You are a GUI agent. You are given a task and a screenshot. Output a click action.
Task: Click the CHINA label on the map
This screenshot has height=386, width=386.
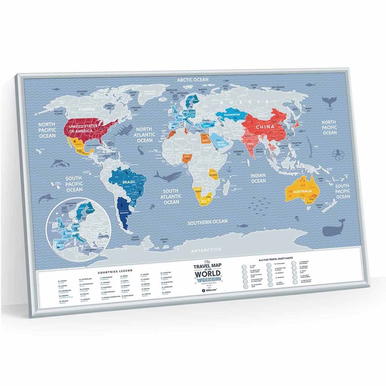(265, 127)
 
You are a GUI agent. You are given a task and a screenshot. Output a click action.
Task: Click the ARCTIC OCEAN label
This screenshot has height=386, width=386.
(193, 80)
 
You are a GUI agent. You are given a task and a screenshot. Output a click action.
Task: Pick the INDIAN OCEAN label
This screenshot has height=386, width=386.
(258, 178)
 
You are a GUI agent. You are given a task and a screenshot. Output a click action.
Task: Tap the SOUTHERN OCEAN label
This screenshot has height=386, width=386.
(208, 222)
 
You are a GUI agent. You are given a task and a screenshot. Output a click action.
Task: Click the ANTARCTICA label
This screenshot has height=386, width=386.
(207, 249)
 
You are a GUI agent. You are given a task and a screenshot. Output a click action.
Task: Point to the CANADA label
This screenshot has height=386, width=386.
(87, 109)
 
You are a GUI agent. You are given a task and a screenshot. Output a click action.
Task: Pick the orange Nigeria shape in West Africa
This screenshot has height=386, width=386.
(186, 157)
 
